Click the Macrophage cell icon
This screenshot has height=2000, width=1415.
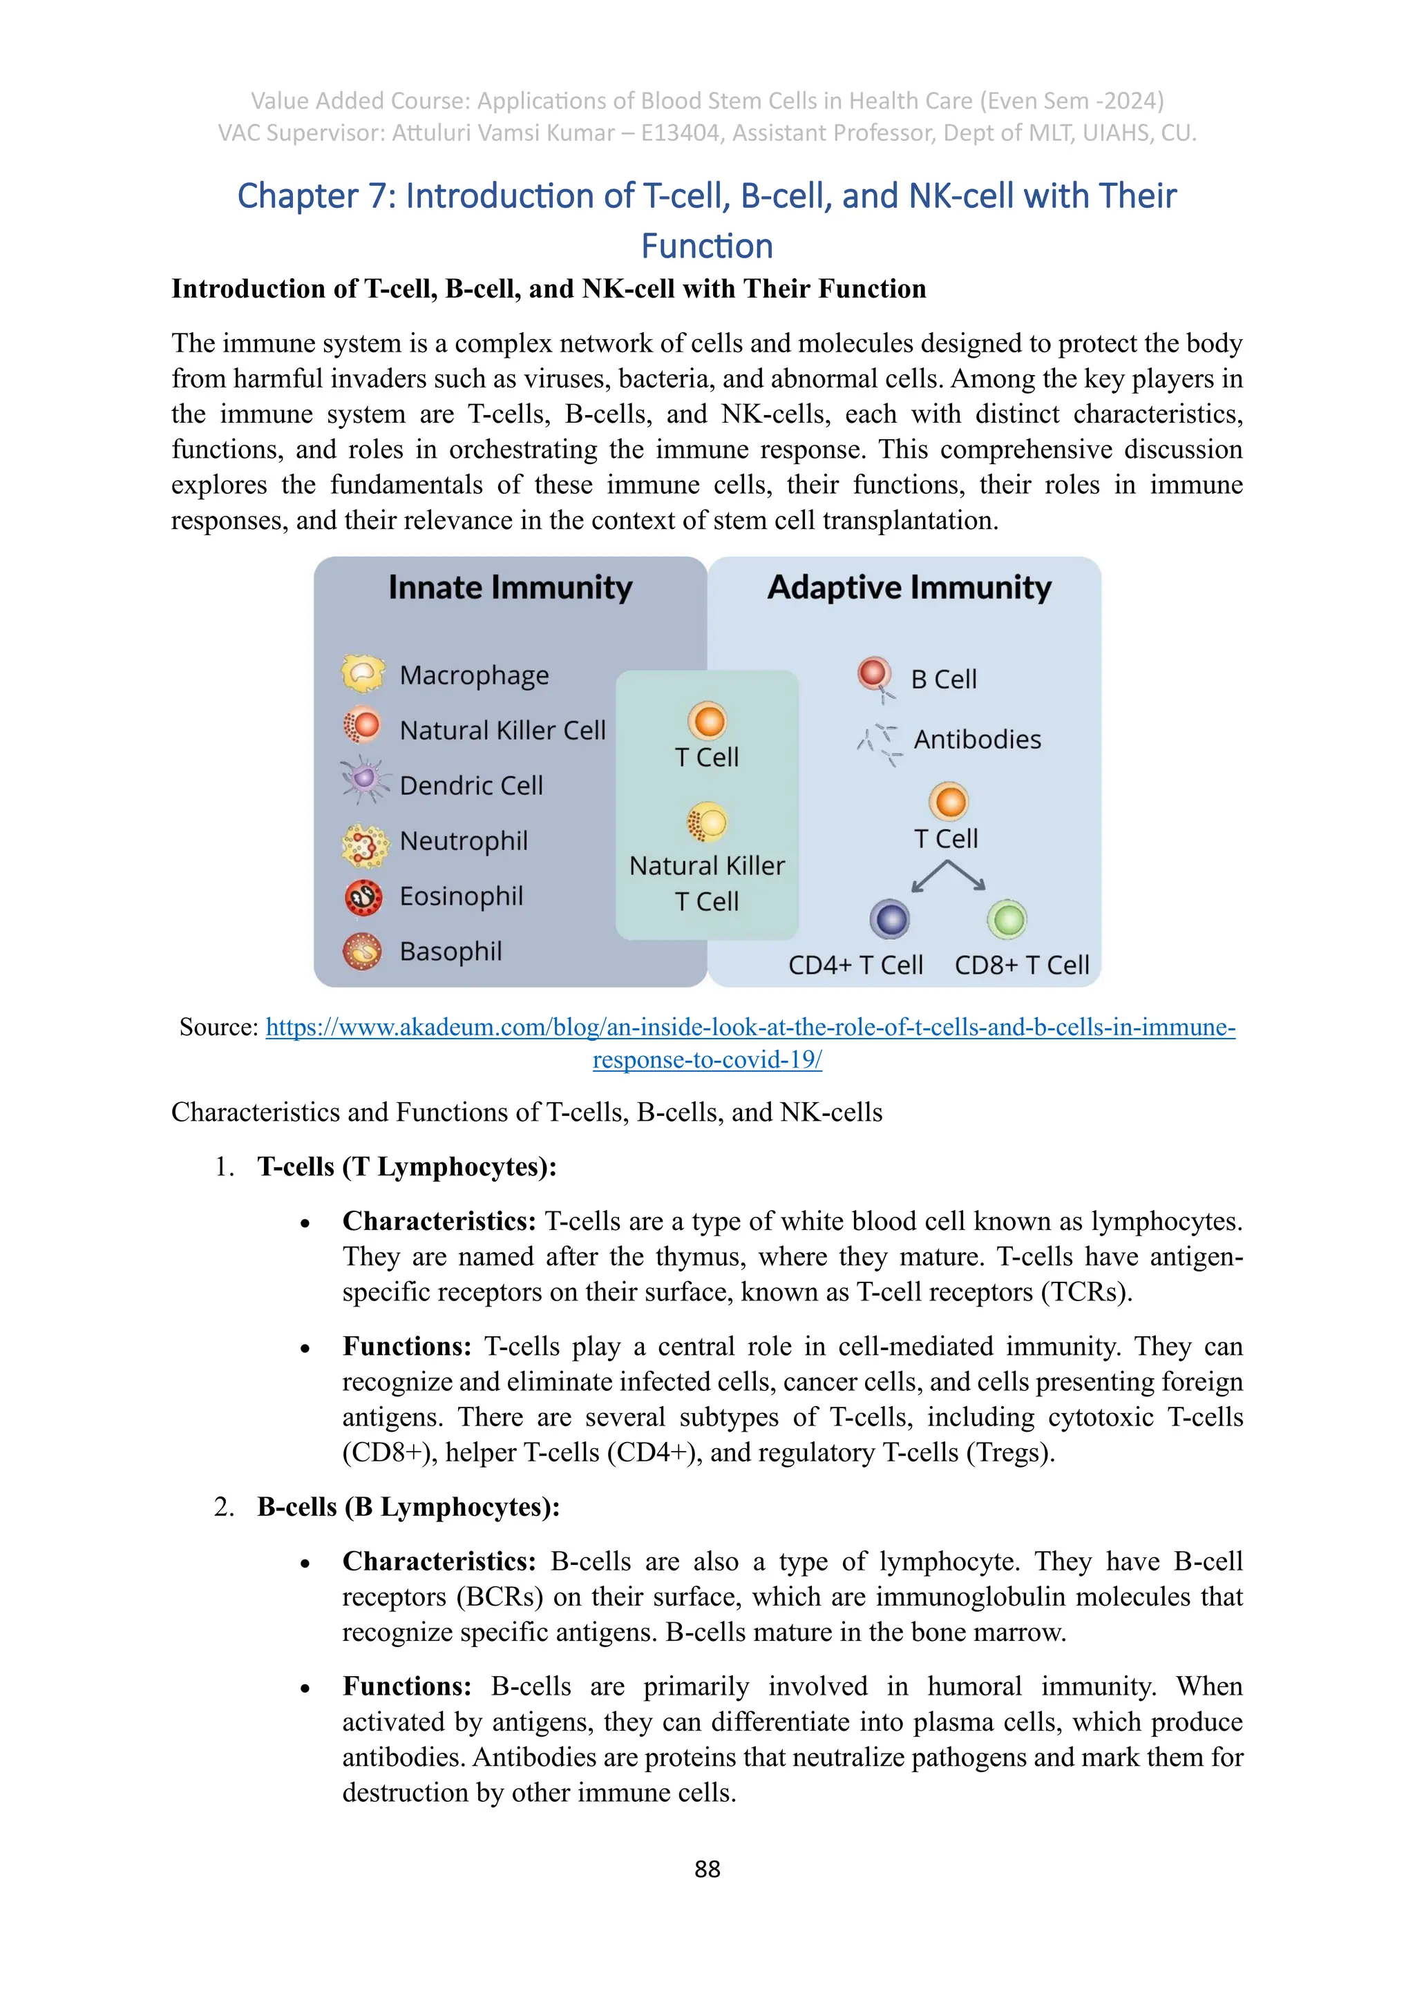coord(363,673)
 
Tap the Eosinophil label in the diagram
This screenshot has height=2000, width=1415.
coord(461,896)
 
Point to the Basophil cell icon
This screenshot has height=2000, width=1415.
coord(363,951)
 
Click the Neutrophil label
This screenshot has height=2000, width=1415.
coord(464,841)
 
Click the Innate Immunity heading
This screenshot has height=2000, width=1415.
coord(510,588)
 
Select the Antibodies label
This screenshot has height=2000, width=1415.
coord(977,740)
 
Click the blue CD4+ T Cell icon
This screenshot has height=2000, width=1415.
coord(890,919)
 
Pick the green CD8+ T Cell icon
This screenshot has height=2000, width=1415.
coord(1007,919)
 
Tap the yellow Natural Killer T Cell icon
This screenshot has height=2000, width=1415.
coord(707,821)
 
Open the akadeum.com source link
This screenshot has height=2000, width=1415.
coord(750,1028)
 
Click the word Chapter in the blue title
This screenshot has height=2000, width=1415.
coord(296,197)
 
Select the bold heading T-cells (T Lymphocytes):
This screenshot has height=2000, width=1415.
coord(407,1167)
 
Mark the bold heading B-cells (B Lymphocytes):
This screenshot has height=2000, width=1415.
coord(408,1507)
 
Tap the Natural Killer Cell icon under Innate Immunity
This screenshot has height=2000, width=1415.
coord(363,724)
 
